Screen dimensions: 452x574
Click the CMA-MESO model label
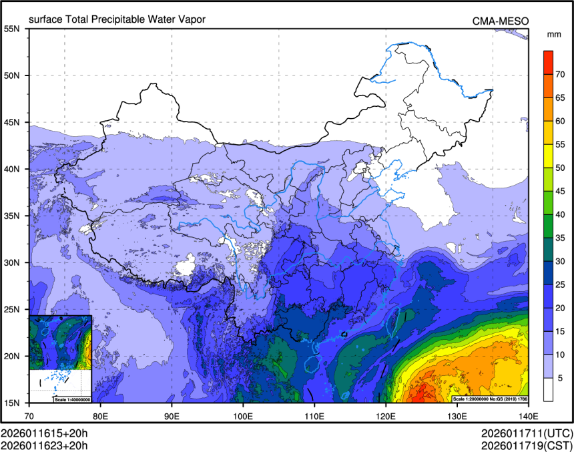(501, 21)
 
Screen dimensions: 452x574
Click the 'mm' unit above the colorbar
(553, 33)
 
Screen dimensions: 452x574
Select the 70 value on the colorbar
(561, 73)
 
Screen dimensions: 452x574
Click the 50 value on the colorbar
(561, 168)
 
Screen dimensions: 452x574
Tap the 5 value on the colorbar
(561, 378)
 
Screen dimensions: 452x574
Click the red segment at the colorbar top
(547, 61)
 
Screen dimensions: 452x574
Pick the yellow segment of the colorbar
(547, 156)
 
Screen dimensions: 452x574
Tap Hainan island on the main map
(312, 365)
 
